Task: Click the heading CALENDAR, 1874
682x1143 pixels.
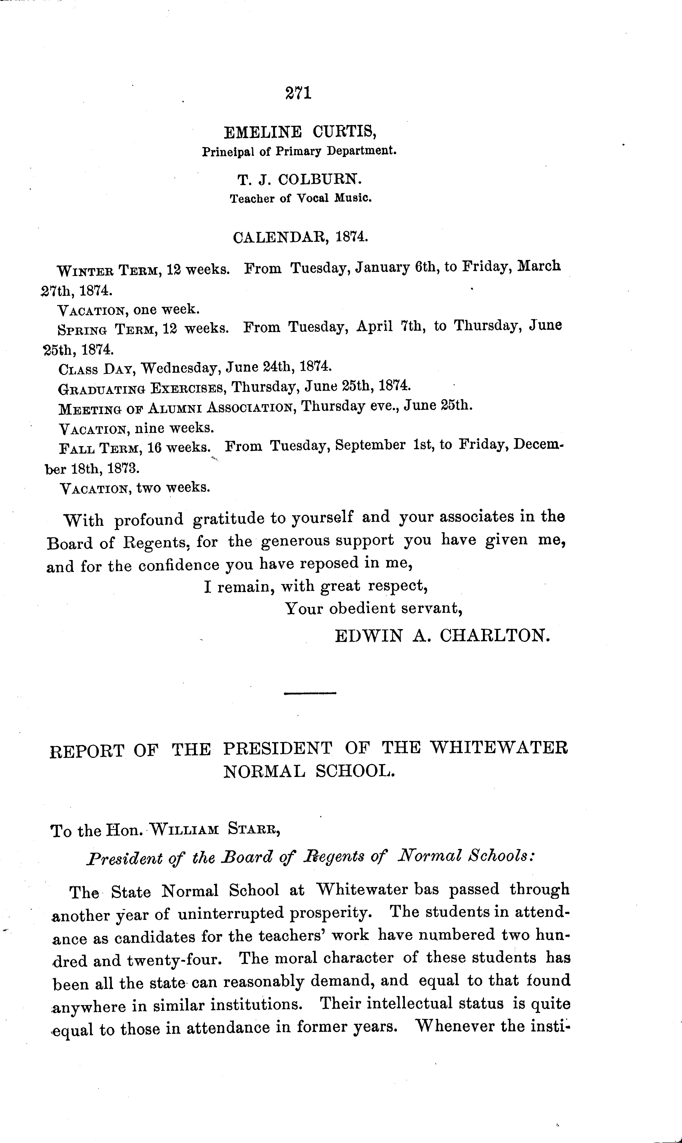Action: click(301, 237)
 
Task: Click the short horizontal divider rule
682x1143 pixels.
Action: click(310, 693)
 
